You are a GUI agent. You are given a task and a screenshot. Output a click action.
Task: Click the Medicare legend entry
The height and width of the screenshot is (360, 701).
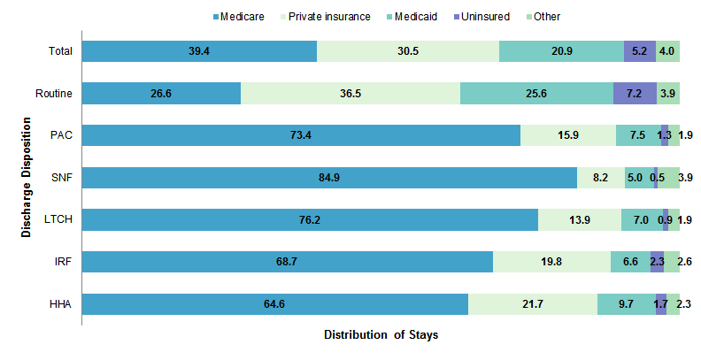pyautogui.click(x=219, y=16)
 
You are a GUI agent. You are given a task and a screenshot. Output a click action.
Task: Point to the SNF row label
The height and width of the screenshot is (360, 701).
pyautogui.click(x=61, y=178)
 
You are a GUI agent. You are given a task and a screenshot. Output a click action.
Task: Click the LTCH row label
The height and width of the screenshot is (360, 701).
pyautogui.click(x=58, y=219)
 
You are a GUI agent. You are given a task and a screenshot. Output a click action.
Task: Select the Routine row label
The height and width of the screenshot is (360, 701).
pyautogui.click(x=54, y=93)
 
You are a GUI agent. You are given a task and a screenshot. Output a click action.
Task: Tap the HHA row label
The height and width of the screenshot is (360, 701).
pyautogui.click(x=60, y=304)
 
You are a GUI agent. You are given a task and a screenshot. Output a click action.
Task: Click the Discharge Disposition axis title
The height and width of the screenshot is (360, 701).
pyautogui.click(x=27, y=178)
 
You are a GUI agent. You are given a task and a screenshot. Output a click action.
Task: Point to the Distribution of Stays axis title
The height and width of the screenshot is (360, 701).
pyautogui.click(x=381, y=335)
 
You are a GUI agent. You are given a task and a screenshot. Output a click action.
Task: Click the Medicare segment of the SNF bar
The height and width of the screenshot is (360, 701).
pyautogui.click(x=329, y=178)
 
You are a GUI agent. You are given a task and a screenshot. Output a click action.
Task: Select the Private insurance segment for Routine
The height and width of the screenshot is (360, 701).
pyautogui.click(x=350, y=93)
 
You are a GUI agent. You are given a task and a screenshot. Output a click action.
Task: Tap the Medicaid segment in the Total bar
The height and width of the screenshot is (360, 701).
pyautogui.click(x=561, y=51)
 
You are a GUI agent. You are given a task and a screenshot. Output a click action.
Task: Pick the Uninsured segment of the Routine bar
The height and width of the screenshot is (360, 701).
pyautogui.click(x=635, y=93)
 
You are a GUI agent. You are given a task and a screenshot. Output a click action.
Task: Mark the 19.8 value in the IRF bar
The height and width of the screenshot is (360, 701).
pyautogui.click(x=551, y=262)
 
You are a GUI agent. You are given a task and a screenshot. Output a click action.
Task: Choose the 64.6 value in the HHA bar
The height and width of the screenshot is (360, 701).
pyautogui.click(x=275, y=304)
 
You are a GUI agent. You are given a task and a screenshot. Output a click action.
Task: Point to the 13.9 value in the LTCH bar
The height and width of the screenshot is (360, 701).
pyautogui.click(x=580, y=219)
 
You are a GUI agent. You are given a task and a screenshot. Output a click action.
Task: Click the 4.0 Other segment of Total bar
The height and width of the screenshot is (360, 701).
pyautogui.click(x=667, y=51)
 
